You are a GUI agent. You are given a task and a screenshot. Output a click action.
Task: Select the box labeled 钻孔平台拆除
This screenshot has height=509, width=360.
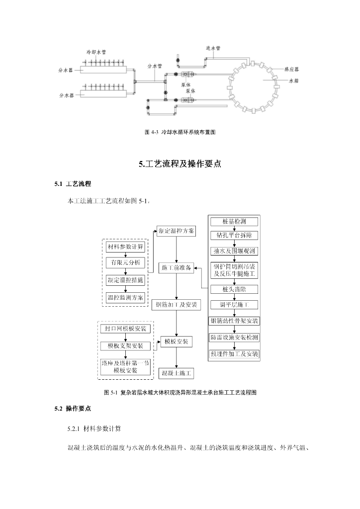(234, 235)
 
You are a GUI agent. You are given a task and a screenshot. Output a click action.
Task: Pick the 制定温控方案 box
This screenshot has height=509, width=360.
(177, 231)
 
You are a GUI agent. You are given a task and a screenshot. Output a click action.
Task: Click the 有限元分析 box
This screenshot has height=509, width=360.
(126, 262)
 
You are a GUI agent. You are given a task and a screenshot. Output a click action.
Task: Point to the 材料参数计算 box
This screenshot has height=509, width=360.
(126, 247)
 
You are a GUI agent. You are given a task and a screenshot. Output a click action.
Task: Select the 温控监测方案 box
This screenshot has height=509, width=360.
(126, 297)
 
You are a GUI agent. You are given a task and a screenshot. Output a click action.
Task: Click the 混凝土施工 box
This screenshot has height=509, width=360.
(177, 372)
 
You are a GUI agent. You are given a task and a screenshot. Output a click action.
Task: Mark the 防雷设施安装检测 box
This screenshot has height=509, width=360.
(234, 338)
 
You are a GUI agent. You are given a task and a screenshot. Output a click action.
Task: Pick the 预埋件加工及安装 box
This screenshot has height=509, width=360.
(234, 354)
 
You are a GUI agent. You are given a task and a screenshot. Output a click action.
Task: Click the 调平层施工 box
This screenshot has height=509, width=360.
(234, 304)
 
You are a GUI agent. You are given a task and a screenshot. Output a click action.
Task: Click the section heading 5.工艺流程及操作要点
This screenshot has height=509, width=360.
(180, 164)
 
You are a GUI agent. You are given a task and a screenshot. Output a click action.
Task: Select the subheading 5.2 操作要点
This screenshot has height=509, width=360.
(73, 409)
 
